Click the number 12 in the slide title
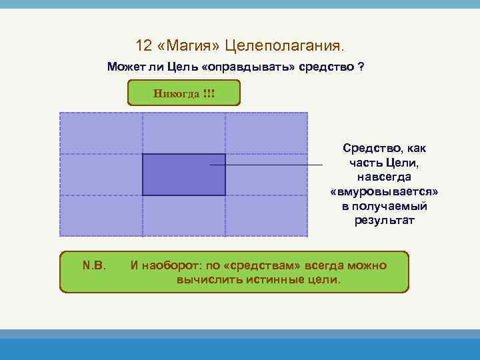pyautogui.click(x=143, y=46)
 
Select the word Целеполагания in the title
pyautogui.click(x=284, y=46)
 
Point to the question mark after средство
pyautogui.click(x=360, y=68)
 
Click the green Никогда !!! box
pyautogui.click(x=183, y=93)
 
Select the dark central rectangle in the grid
pyautogui.click(x=183, y=175)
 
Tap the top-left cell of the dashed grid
pyautogui.click(x=101, y=133)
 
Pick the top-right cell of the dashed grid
pyautogui.click(x=267, y=133)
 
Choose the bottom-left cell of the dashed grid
pyautogui.click(x=101, y=216)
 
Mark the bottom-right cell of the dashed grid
pyautogui.click(x=267, y=216)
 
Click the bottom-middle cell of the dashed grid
pyautogui.click(x=183, y=216)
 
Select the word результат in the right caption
pyautogui.click(x=384, y=220)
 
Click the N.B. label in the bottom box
pyautogui.click(x=94, y=265)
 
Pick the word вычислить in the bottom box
pyautogui.click(x=203, y=280)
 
